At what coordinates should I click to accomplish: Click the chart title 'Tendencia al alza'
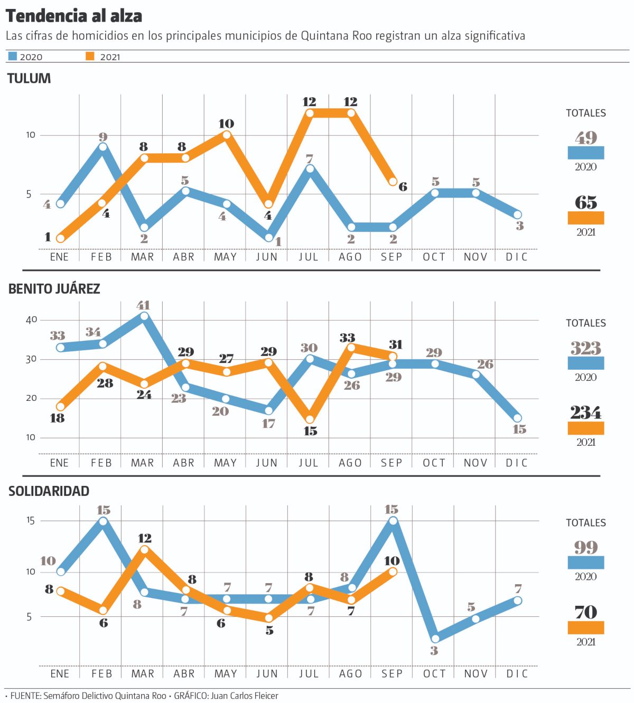74,16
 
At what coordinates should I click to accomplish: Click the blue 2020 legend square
13,56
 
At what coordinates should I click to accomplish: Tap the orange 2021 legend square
90,56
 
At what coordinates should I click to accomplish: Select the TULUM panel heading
29,79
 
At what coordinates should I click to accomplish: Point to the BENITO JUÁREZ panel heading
54,289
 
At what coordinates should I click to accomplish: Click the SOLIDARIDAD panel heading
49,491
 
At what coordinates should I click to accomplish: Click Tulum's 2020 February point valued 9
103,147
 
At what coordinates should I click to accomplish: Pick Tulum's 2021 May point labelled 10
227,135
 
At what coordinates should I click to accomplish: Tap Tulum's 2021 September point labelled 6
393,182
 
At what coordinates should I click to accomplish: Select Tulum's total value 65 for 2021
586,203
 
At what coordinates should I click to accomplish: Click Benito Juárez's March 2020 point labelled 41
144,316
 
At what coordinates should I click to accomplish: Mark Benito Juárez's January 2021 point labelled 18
61,407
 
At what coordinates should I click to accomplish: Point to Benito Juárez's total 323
586,349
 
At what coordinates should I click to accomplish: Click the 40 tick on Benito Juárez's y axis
32,320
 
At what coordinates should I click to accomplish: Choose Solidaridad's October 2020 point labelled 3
434,639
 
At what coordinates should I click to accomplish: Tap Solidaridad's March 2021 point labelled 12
144,550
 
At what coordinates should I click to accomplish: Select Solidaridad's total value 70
586,612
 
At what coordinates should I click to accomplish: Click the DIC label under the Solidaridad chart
517,674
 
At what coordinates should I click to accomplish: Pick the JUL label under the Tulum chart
309,257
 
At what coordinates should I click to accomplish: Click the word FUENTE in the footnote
25,696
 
